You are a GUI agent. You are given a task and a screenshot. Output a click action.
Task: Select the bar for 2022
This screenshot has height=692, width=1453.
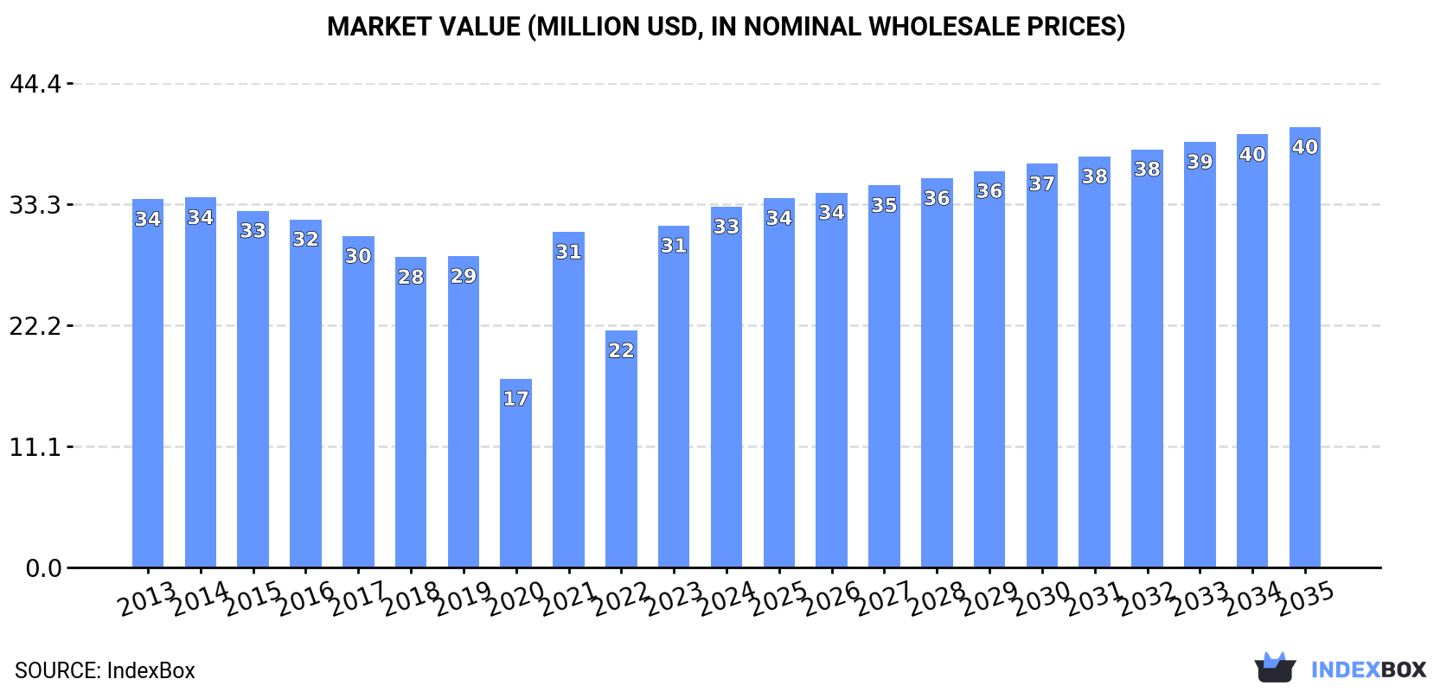point(621,449)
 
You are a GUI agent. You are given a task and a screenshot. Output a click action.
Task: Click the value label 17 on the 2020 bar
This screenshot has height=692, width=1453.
point(515,399)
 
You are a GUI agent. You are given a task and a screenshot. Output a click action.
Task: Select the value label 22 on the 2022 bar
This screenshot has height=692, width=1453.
point(621,350)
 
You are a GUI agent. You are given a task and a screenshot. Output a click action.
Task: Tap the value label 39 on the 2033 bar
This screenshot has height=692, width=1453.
point(1200,162)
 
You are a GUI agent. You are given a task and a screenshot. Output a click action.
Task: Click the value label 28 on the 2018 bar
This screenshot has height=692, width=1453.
point(411,277)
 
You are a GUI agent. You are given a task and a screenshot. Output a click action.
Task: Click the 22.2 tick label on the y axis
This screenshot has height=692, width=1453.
point(35,326)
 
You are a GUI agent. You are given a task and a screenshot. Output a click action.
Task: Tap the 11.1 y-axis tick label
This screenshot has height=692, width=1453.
point(35,447)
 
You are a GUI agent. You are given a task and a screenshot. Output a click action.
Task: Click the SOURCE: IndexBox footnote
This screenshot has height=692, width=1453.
point(105,670)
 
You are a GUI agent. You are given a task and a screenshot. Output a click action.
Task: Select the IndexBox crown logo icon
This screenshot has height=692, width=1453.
point(1275,668)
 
